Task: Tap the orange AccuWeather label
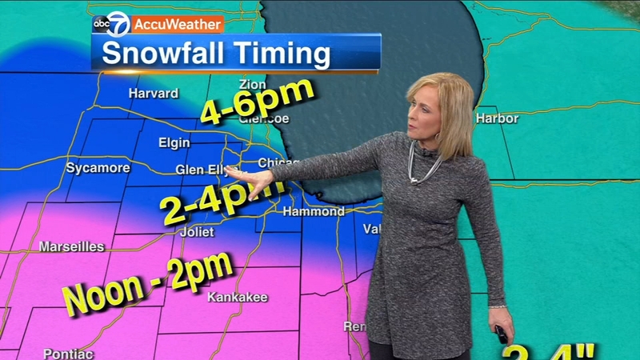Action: tap(177, 24)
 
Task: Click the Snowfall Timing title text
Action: tap(216, 55)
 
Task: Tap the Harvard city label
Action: tap(153, 94)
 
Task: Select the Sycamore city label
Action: tap(98, 168)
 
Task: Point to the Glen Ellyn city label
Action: tap(199, 170)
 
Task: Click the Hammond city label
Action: tap(314, 212)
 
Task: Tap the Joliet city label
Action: tap(197, 232)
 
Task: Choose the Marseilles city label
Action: tap(71, 246)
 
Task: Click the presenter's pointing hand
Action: tap(254, 182)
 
